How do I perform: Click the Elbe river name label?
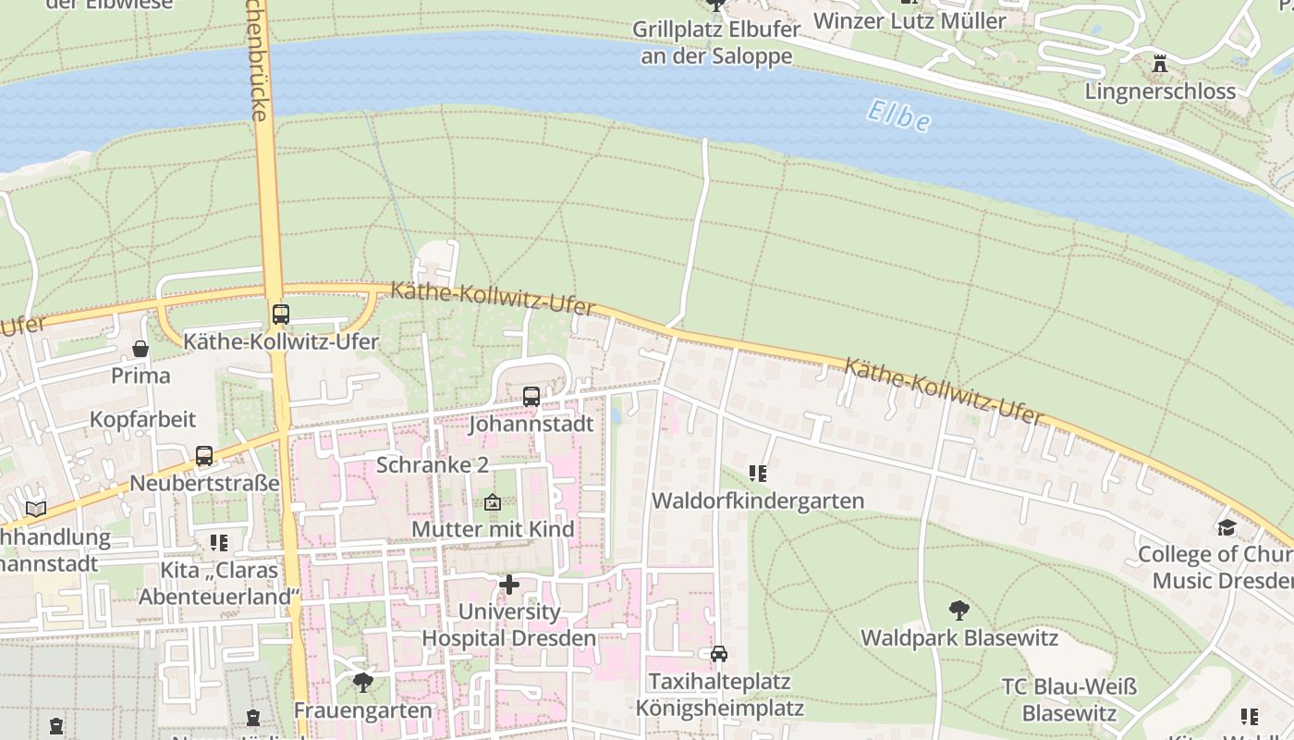tap(898, 116)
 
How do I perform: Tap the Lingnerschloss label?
tap(1160, 91)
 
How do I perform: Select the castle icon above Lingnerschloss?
tap(1160, 64)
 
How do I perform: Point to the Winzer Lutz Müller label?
tap(909, 20)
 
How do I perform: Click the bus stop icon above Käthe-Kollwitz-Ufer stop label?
tap(280, 314)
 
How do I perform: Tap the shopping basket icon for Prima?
tap(140, 349)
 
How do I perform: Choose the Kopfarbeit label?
tap(142, 419)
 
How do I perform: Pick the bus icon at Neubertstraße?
tap(204, 456)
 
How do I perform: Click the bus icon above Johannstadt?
tap(531, 397)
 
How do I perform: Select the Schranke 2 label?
tap(432, 464)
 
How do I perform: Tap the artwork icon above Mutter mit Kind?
tap(493, 502)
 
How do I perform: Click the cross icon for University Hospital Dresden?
tap(509, 585)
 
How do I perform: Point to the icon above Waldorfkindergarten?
tap(758, 474)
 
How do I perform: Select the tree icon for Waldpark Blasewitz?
tap(959, 610)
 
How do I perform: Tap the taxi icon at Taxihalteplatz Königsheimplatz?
tap(719, 654)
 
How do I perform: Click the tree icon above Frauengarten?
tap(363, 683)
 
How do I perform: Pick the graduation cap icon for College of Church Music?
tap(1227, 527)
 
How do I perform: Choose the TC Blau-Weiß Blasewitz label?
tap(1069, 700)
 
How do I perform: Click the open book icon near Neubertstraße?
tap(36, 509)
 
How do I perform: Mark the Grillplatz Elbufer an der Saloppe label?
tap(715, 43)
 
